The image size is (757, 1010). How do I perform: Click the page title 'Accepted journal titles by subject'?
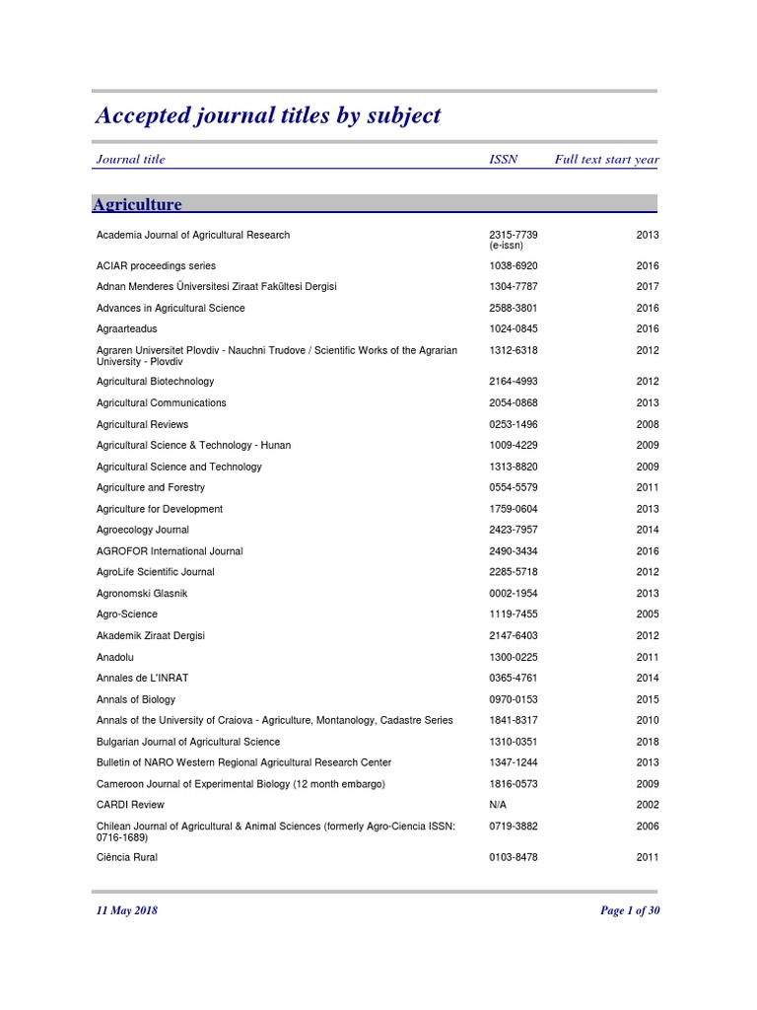tap(268, 116)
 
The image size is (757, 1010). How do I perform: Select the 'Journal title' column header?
tap(130, 159)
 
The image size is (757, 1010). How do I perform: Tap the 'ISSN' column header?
tap(503, 159)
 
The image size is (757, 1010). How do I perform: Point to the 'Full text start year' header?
tap(606, 159)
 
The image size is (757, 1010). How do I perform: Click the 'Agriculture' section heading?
tap(137, 204)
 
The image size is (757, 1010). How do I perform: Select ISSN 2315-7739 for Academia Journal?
tap(514, 235)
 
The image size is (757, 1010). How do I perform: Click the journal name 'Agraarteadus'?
tap(126, 328)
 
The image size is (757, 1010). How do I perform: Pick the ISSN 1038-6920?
tap(514, 265)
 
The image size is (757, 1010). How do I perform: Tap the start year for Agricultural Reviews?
tap(648, 424)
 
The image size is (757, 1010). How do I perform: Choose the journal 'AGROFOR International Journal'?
tap(169, 551)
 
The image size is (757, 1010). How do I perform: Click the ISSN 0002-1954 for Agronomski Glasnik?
tap(514, 594)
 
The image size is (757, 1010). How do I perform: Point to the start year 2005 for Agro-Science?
tap(648, 614)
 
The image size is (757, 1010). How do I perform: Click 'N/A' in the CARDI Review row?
tap(499, 805)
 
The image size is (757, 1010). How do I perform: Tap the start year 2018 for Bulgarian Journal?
tap(648, 742)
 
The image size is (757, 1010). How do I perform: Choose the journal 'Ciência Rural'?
tap(126, 857)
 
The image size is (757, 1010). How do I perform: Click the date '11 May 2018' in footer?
tap(126, 910)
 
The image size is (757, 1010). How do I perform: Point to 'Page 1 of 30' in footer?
tap(629, 910)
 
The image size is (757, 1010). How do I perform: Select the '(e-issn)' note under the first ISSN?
tap(509, 246)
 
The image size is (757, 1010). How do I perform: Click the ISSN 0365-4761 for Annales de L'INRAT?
tap(514, 678)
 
